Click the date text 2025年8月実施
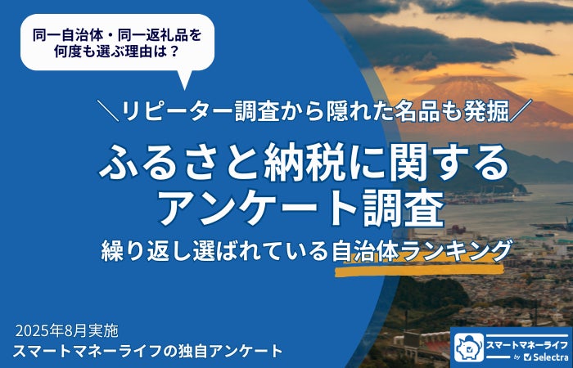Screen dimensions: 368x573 (67, 331)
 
